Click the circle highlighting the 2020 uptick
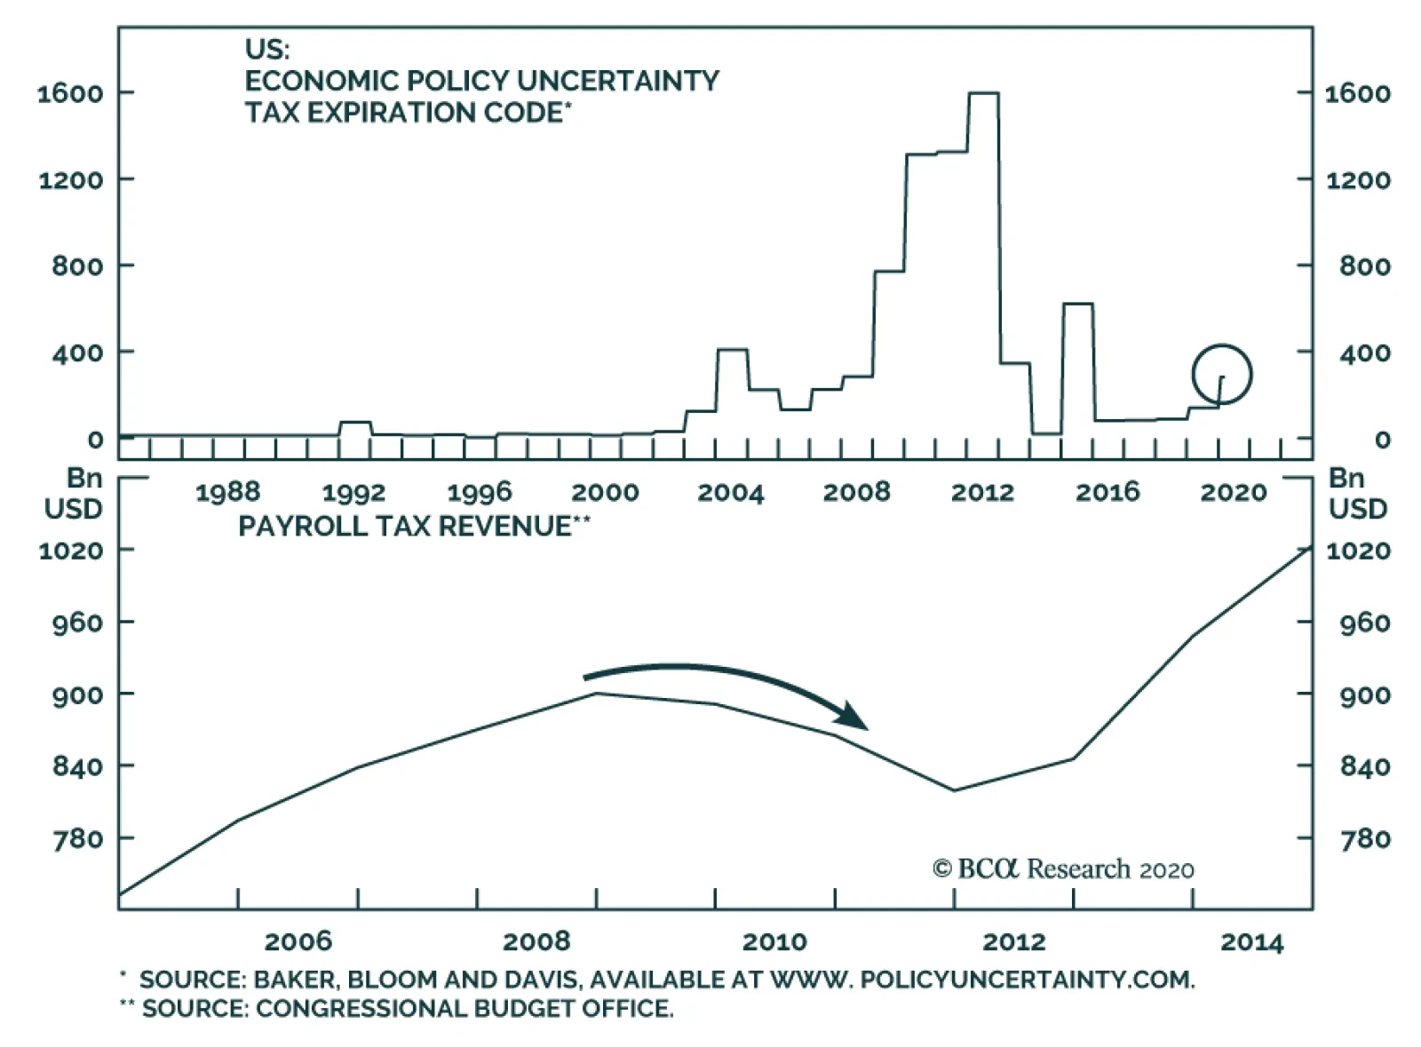tap(1221, 375)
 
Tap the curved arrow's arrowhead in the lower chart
tap(855, 717)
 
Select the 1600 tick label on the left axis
tap(70, 93)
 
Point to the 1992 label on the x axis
tap(353, 492)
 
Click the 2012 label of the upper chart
tap(982, 492)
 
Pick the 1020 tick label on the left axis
tap(70, 551)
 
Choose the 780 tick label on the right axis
tap(1365, 838)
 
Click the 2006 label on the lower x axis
tap(298, 941)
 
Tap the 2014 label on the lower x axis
tap(1251, 941)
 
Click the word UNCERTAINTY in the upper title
tap(617, 81)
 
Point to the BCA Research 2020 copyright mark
tap(1063, 869)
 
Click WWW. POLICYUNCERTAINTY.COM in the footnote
tap(981, 980)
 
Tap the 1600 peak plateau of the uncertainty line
tap(983, 92)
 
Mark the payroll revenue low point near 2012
tap(955, 790)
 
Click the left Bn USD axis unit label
tap(74, 494)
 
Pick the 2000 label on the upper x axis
tap(605, 492)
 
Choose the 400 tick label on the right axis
tap(1365, 353)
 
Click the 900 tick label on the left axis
tap(77, 694)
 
